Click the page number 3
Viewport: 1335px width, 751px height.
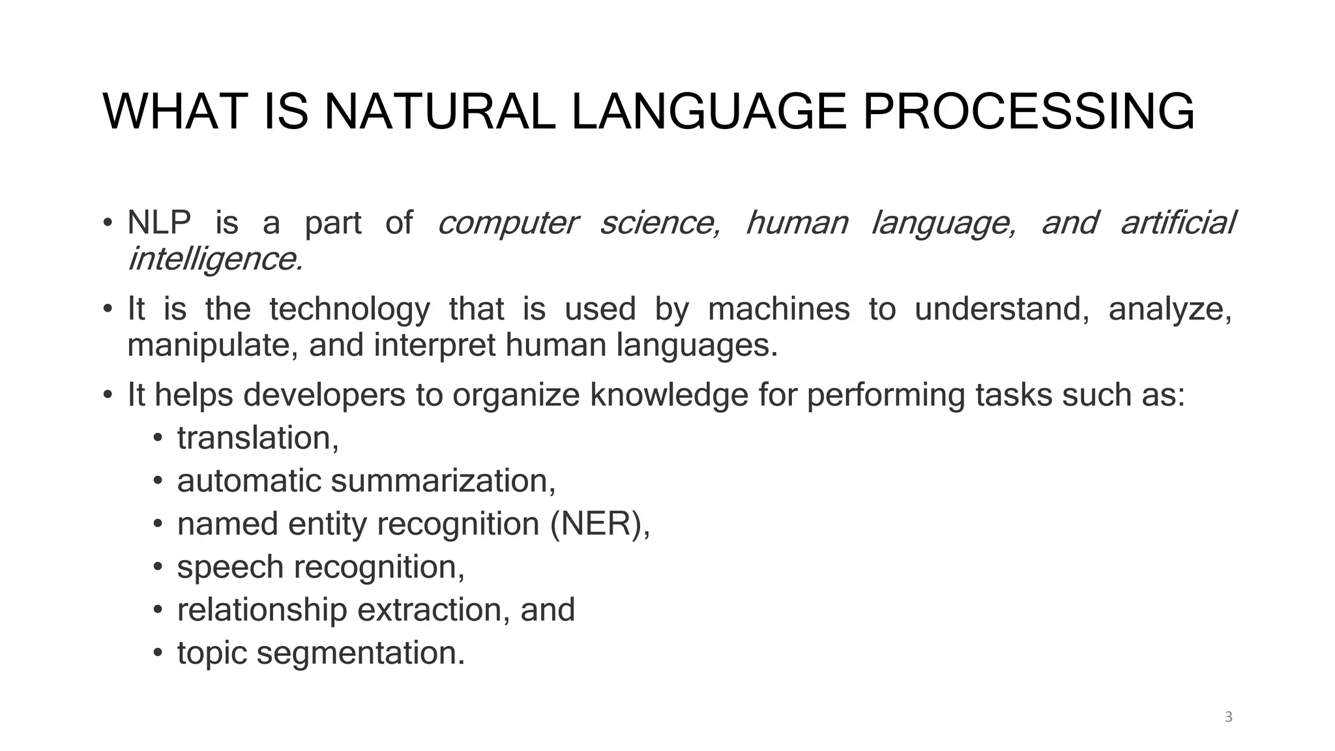tap(1229, 717)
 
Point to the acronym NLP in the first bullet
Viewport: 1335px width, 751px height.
tap(159, 223)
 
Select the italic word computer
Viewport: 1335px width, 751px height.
tap(507, 223)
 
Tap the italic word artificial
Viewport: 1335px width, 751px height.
tap(1177, 223)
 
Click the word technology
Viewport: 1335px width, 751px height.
tap(349, 309)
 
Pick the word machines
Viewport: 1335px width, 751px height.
tap(779, 309)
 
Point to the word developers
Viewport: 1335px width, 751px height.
tap(324, 395)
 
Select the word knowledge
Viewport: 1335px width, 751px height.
tap(669, 395)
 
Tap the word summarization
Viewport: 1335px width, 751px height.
tap(443, 481)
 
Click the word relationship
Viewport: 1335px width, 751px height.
tap(262, 610)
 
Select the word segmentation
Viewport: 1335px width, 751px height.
tap(360, 653)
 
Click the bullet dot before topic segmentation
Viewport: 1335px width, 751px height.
tap(157, 653)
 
